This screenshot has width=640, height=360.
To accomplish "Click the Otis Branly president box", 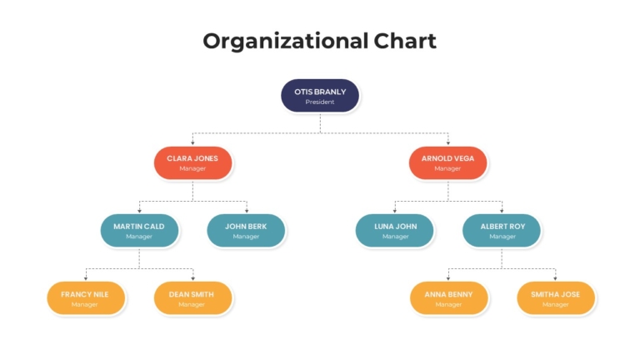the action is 320,96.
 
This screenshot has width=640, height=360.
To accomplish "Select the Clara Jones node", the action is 192,162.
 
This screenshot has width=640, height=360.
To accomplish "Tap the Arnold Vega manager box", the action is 447,162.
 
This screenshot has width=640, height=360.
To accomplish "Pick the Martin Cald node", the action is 139,231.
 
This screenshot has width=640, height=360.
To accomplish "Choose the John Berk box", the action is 246,231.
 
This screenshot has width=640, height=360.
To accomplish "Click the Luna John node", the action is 395,231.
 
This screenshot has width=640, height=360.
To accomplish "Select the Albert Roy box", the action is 502,231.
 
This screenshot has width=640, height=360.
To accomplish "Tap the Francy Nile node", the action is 86,298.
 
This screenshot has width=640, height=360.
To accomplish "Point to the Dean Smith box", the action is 192,298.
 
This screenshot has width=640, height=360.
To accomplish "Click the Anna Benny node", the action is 448,298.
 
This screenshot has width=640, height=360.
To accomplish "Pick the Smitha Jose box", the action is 556,298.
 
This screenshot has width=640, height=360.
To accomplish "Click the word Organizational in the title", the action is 285,42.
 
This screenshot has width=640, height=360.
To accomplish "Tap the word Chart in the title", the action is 405,41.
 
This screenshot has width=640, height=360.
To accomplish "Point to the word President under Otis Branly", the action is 320,102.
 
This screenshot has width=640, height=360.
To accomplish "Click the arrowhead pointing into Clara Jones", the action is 192,142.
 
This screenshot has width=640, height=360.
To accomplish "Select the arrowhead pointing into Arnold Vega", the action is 448,142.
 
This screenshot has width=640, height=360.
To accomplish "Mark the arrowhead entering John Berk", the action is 247,211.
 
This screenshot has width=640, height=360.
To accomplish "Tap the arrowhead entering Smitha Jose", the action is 556,278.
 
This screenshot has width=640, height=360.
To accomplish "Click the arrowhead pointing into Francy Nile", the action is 86,278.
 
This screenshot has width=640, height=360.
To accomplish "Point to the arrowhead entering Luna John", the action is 395,211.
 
